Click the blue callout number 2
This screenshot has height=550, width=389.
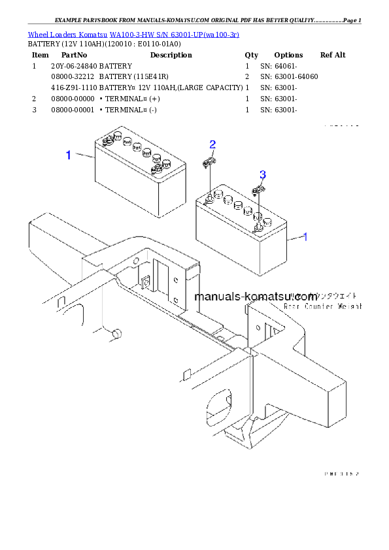(212, 144)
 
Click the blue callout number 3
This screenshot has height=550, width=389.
(263, 174)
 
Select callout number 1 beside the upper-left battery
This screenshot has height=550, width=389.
(68, 155)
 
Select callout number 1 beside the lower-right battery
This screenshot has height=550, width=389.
(305, 236)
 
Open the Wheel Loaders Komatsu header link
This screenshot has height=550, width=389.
(133, 33)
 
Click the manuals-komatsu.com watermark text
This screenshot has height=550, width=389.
(256, 297)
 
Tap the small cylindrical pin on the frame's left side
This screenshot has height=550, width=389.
(116, 334)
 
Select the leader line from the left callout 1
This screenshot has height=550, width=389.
(85, 155)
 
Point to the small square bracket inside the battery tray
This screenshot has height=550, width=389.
(146, 282)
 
